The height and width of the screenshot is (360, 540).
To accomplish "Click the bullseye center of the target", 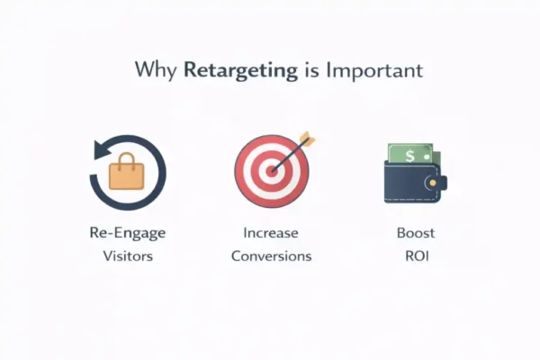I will click(270, 170).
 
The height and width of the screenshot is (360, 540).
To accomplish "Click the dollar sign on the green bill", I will click(409, 156).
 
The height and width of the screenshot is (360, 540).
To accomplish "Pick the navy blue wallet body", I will click(405, 189).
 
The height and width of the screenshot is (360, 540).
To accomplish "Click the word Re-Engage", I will click(127, 233).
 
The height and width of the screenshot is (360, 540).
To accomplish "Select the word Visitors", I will click(127, 256).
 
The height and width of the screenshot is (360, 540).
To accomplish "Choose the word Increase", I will click(270, 233).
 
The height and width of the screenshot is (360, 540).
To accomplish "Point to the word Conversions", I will click(271, 256).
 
